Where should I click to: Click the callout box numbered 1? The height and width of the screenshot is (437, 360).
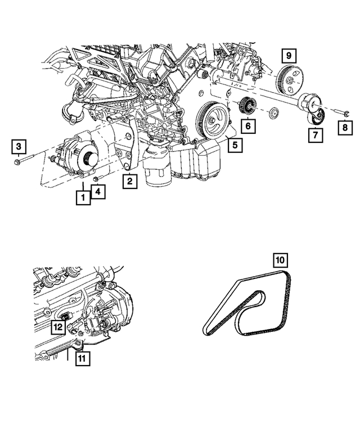coord(83,197)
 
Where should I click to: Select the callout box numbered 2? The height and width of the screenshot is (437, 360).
coord(130,181)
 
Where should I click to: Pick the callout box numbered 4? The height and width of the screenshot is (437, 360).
coord(98,192)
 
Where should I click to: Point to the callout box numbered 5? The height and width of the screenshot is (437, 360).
coord(235,146)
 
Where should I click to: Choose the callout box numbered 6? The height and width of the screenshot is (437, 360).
coord(247,127)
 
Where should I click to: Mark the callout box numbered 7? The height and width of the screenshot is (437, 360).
coord(315,135)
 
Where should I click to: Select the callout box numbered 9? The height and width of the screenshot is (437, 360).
coord(289,56)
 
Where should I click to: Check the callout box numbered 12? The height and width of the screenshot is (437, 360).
coord(58,326)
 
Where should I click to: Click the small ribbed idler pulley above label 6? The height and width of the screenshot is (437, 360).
coord(247,105)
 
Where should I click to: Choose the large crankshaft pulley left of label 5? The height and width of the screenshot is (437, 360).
coord(213,120)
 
